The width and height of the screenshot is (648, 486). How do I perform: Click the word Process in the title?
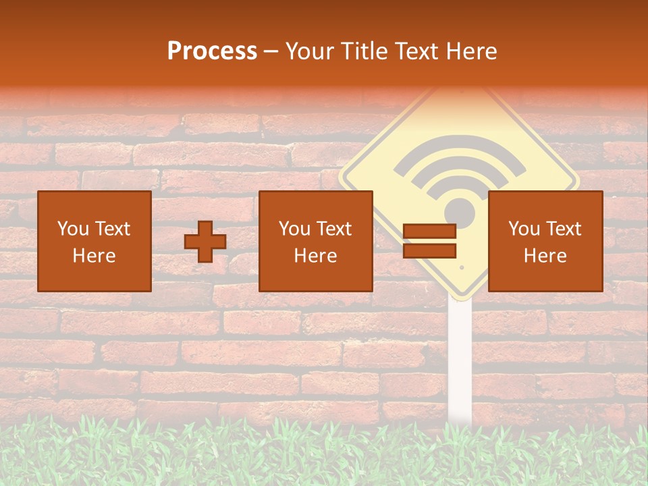pos(212,51)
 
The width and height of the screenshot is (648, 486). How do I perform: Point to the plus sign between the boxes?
pos(205,242)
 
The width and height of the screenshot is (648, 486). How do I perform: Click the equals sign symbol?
pos(429,242)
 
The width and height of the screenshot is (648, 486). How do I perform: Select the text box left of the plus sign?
pos(94,242)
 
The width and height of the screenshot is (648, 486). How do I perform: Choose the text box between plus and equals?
pos(316,242)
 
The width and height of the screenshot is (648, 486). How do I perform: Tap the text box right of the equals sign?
pos(545,242)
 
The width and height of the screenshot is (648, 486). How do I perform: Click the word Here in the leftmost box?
pos(94,256)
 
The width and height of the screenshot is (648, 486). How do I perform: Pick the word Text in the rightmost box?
pos(562,229)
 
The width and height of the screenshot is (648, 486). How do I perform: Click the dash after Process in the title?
pos(271,53)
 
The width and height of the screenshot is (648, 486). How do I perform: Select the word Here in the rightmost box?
pos(545,256)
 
